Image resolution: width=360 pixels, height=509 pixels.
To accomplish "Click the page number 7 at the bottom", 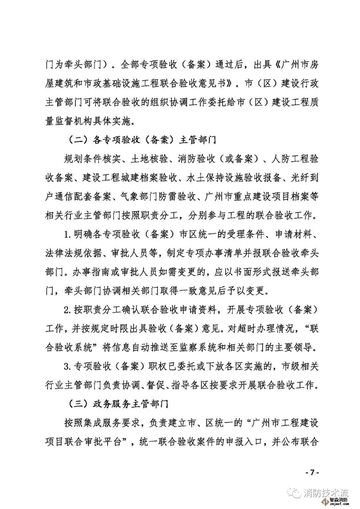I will [x=312, y=472].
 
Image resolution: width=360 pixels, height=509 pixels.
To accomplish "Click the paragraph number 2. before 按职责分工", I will [x=68, y=310].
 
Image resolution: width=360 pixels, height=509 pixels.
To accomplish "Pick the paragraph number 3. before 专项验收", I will [x=68, y=366].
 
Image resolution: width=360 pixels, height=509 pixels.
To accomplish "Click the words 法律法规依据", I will [x=73, y=253].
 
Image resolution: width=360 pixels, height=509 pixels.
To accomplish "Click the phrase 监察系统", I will [x=204, y=347].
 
